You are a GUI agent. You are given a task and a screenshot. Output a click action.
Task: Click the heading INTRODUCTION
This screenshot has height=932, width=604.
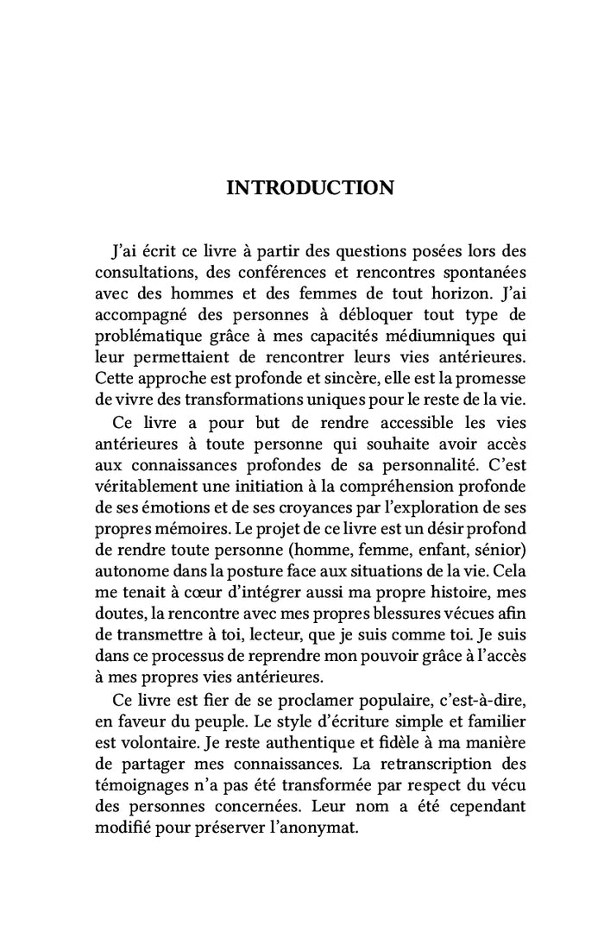(310, 187)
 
